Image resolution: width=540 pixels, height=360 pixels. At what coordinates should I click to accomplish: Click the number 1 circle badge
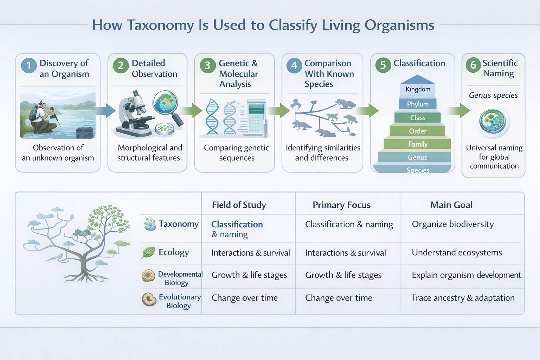click(x=29, y=66)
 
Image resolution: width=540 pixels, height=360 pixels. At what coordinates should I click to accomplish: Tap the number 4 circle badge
click(x=294, y=66)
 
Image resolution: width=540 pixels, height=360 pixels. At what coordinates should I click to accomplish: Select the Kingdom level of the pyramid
click(x=418, y=89)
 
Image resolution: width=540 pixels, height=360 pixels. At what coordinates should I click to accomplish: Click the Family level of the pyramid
click(x=418, y=144)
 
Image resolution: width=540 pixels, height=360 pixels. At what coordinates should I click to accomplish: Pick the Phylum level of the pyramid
click(x=418, y=104)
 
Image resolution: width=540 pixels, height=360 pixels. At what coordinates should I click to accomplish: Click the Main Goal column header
click(x=451, y=205)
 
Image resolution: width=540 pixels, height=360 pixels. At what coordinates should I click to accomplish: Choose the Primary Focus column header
click(x=341, y=205)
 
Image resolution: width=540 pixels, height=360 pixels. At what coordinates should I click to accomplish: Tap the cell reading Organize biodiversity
click(x=453, y=224)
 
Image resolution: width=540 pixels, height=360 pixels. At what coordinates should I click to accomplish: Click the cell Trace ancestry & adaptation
click(x=463, y=298)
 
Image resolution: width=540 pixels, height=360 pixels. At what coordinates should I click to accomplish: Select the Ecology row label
click(x=174, y=252)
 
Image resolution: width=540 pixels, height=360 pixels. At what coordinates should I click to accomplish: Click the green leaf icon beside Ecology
click(x=148, y=252)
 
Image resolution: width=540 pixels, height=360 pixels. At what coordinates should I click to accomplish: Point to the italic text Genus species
click(x=493, y=95)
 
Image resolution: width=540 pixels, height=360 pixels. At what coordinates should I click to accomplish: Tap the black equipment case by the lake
click(x=85, y=133)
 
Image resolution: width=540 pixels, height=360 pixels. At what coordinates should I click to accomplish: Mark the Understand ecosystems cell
click(x=457, y=252)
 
